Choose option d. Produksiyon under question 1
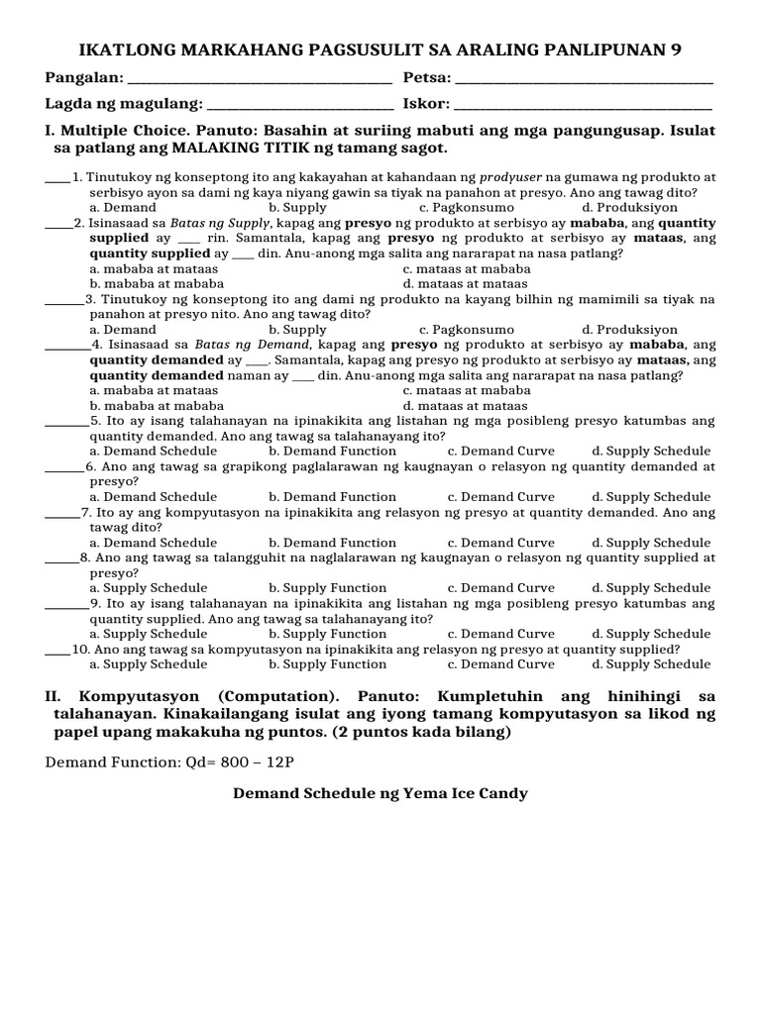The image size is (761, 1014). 630,208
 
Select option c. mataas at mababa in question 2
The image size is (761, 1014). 467,268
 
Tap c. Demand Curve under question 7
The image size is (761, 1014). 500,542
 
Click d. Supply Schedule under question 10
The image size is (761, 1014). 651,664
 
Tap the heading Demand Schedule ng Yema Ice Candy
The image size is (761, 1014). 380,793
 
